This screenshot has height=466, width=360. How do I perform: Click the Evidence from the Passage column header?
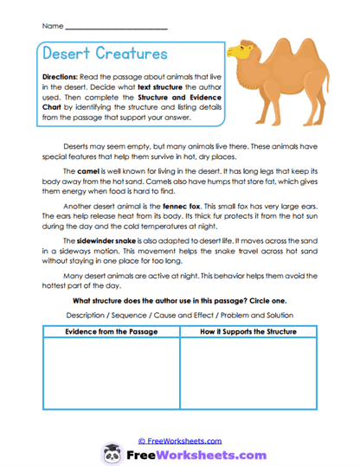108,332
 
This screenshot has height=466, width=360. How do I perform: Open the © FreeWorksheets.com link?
179,441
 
